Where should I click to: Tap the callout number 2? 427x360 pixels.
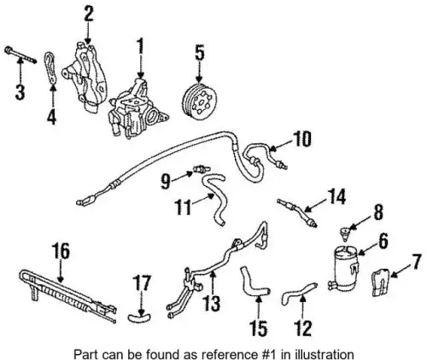coord(89,14)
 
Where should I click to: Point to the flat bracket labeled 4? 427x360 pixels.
coord(50,68)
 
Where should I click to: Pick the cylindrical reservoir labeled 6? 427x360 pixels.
coord(345,270)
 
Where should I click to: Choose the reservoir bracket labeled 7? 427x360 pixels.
coord(381,282)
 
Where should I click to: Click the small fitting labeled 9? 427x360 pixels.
coord(202,168)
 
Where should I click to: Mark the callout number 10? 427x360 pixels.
coord(301,139)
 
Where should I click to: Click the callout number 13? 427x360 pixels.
coord(212,304)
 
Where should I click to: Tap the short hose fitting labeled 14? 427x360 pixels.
coord(297,212)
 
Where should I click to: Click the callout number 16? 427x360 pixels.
coord(61,251)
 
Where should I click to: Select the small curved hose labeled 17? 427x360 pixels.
coord(139,316)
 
